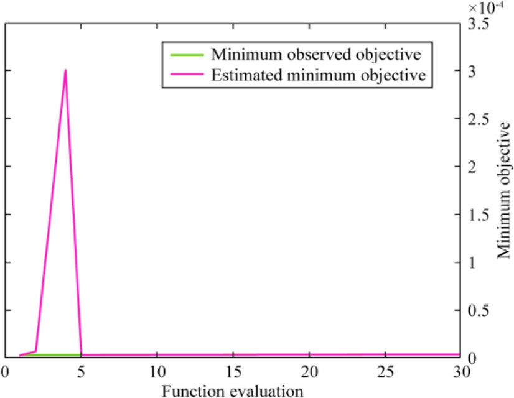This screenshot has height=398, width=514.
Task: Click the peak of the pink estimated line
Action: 65,70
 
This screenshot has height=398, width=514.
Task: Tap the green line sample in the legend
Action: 184,54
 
